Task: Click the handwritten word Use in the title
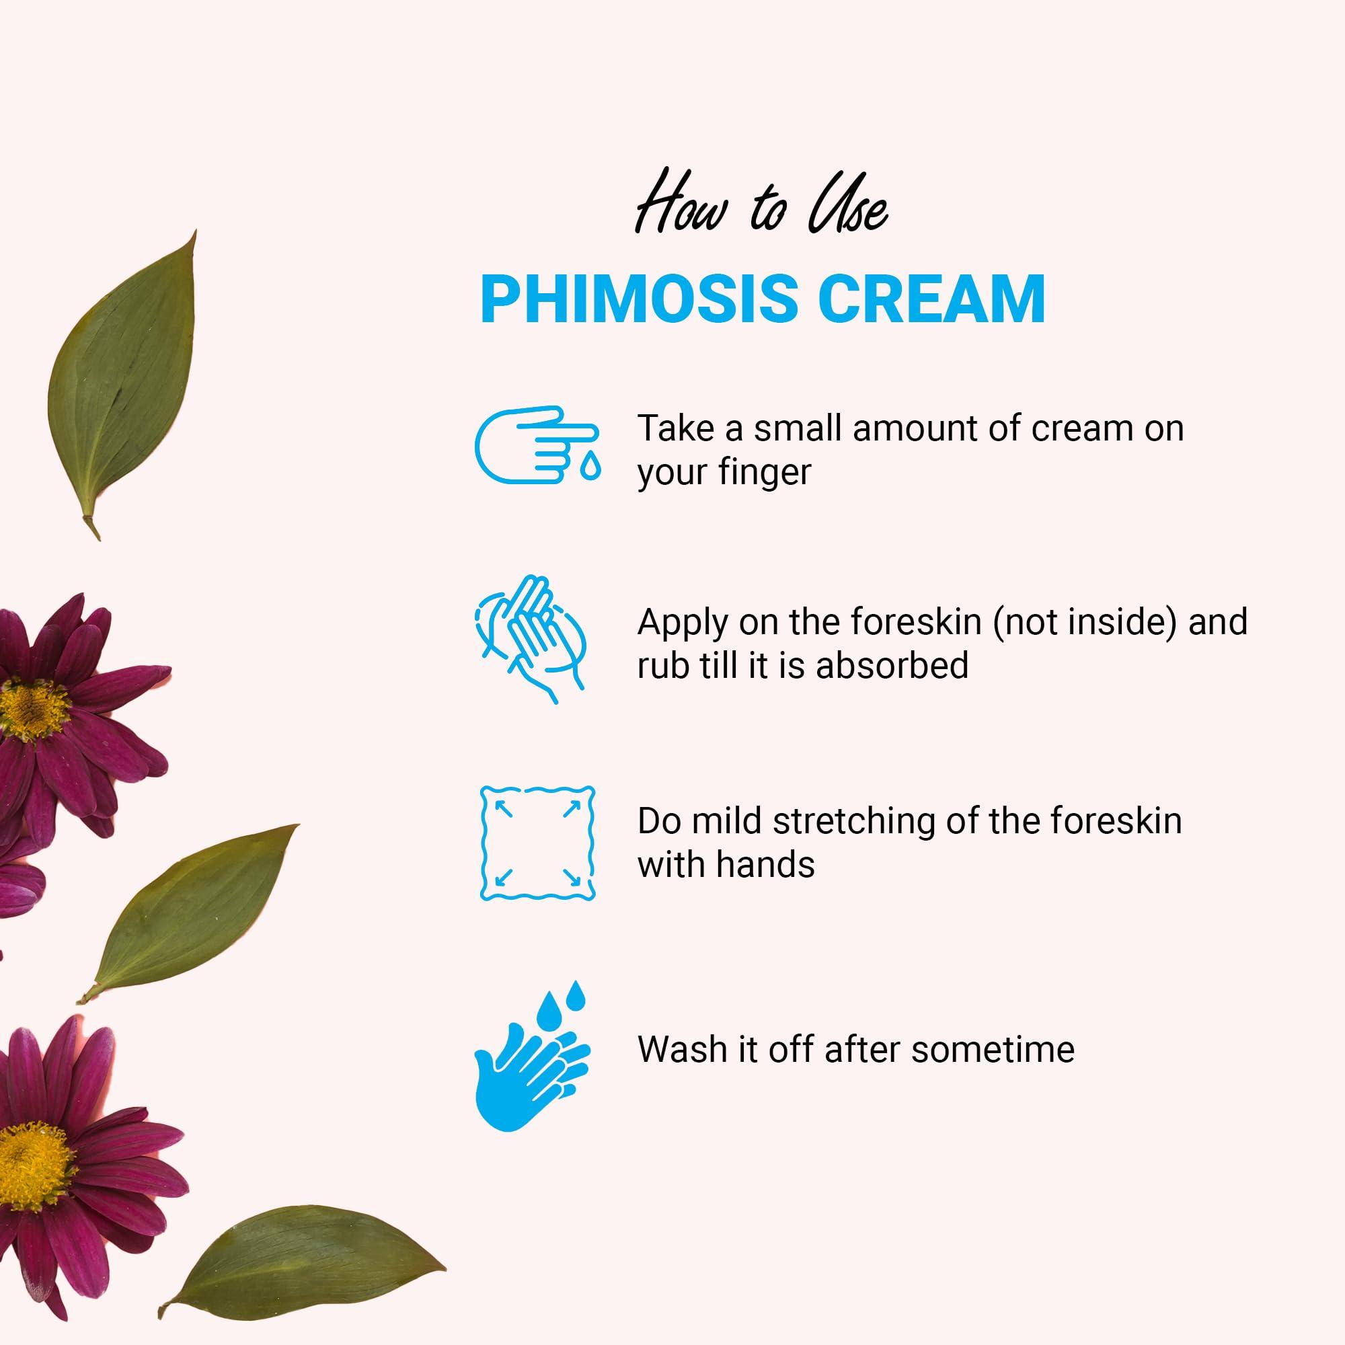pos(847,209)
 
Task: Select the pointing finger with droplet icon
pos(537,446)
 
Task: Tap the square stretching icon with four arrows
pos(537,843)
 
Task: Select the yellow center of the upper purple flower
pos(32,710)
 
